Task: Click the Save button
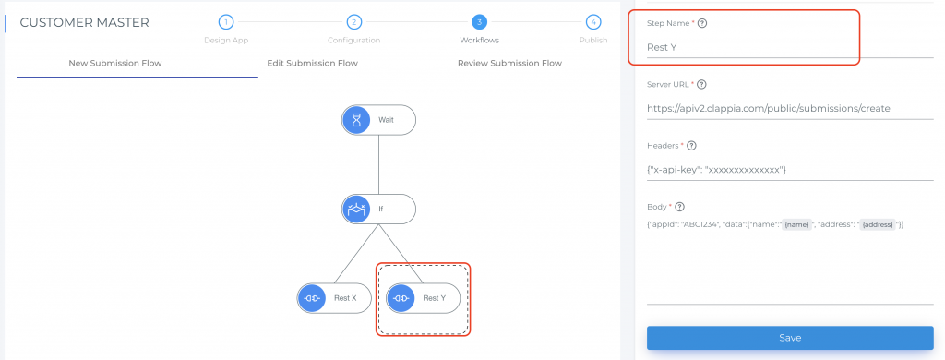pos(790,338)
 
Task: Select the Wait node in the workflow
pos(378,121)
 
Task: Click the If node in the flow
pos(378,210)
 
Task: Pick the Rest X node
pos(333,298)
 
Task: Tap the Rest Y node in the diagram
pos(423,298)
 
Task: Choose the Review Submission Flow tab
pos(509,64)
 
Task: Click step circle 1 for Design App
pos(226,22)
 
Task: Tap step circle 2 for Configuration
pos(353,22)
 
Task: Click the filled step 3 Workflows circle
pos(479,22)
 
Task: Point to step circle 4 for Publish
pos(593,22)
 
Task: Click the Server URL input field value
pos(775,109)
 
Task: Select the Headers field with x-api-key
pos(717,170)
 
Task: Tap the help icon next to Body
pos(681,206)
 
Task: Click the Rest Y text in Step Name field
pos(663,46)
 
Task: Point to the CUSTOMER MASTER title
pos(84,22)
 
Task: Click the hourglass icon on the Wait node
pos(356,121)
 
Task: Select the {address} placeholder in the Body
pos(879,225)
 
